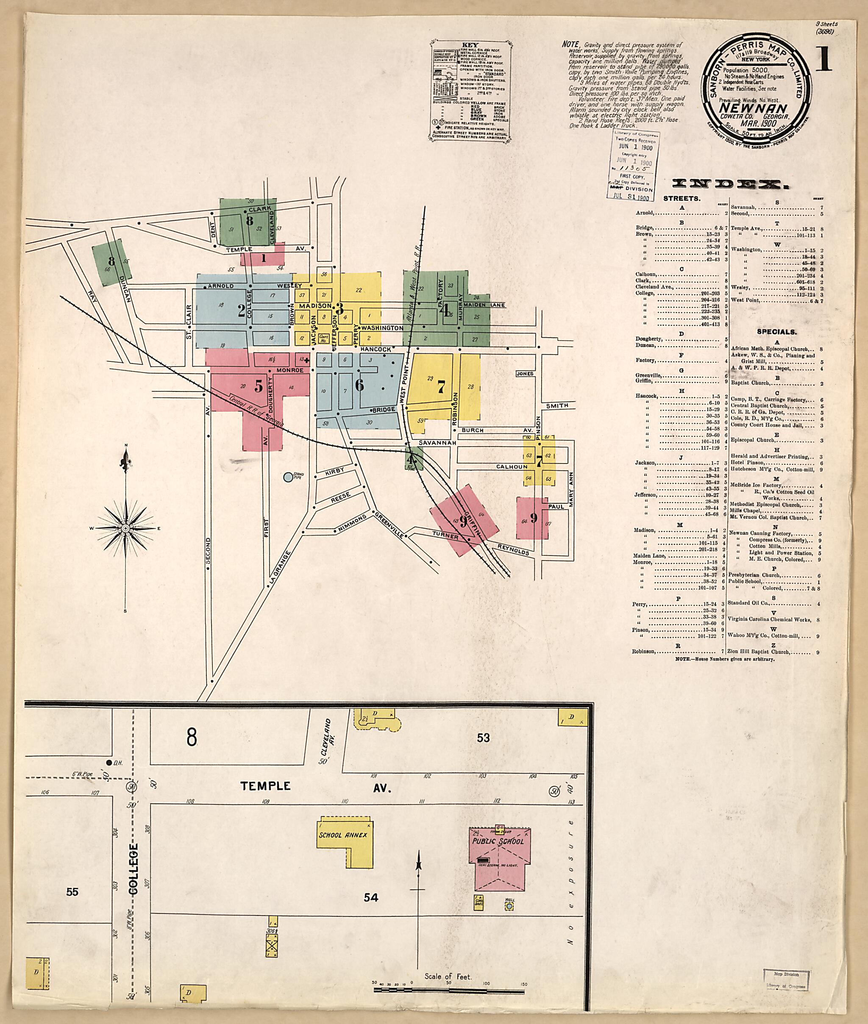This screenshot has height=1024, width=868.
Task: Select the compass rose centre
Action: point(125,528)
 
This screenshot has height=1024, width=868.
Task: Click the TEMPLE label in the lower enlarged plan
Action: point(265,786)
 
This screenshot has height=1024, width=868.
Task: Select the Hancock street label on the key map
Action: point(376,349)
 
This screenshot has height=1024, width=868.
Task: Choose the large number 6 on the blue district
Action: point(360,385)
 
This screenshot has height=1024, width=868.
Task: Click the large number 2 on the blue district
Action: point(241,311)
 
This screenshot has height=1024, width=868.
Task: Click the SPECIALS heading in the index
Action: point(777,332)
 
